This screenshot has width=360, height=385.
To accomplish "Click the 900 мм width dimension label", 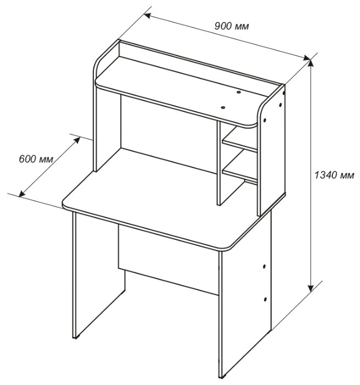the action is (232, 26).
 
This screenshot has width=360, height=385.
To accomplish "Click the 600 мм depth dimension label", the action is (36, 159).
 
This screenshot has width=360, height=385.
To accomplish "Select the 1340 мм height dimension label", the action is (334, 175).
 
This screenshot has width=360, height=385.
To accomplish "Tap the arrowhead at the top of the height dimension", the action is (311, 63).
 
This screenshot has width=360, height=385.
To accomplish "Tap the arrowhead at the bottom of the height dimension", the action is (311, 288).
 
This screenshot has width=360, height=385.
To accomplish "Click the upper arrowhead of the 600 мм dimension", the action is (77, 140).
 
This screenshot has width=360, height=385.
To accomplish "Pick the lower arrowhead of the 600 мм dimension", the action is (22, 194).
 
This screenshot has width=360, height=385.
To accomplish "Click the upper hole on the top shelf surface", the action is (239, 92).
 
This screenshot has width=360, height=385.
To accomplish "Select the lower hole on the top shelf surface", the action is (223, 107).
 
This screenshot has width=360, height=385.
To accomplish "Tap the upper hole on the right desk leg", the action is (265, 266).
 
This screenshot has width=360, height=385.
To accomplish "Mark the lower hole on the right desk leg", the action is (265, 299).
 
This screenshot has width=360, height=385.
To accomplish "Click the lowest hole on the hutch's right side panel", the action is (265, 121).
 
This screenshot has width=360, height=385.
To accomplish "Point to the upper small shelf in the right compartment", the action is (239, 142).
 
